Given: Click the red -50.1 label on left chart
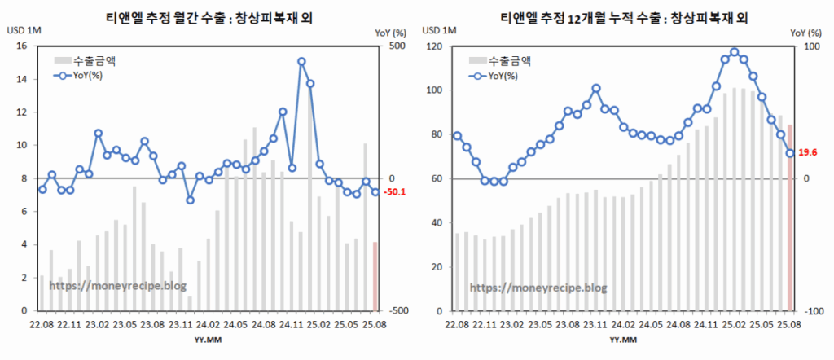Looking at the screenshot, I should [394, 193].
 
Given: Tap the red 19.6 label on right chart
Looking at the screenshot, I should [807, 152].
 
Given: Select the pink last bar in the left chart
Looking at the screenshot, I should [375, 276].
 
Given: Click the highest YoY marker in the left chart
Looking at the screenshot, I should [301, 61].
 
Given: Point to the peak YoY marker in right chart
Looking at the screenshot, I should [734, 52].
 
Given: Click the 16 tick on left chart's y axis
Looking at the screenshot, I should [21, 46].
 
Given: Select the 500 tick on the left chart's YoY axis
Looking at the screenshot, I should [396, 46].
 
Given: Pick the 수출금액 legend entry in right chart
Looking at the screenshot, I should [510, 60].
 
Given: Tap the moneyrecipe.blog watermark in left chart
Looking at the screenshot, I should [119, 287].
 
